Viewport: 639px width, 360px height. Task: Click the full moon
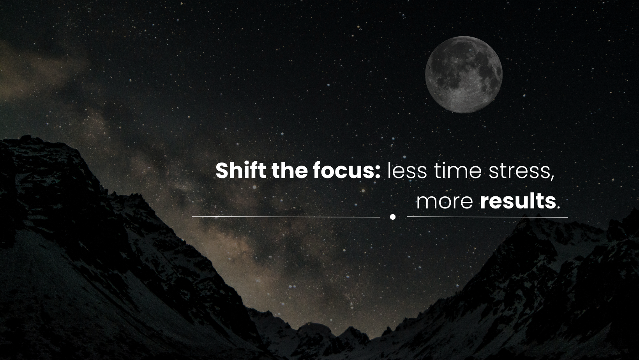click(464, 75)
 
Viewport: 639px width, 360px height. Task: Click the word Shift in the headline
click(240, 171)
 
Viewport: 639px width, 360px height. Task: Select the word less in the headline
click(407, 171)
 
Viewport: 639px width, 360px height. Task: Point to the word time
click(458, 171)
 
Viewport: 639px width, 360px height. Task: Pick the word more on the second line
click(445, 203)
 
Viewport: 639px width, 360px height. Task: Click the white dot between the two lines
click(393, 217)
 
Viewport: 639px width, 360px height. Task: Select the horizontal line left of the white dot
click(286, 217)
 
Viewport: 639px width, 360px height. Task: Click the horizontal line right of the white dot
click(487, 217)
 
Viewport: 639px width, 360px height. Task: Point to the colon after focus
click(379, 173)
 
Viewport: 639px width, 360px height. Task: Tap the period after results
click(558, 208)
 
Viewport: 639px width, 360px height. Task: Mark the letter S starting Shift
click(222, 171)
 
